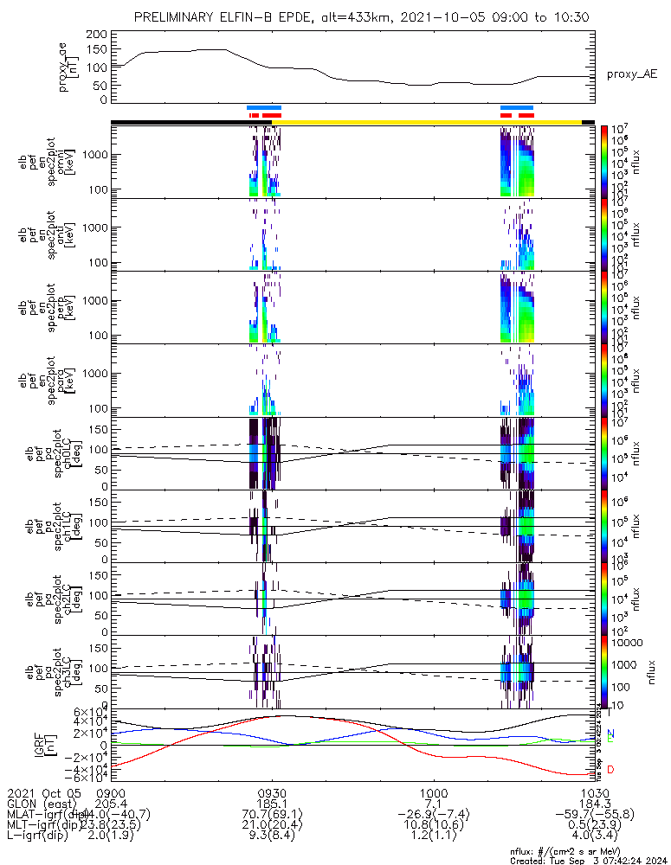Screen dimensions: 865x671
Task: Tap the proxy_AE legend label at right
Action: (x=632, y=74)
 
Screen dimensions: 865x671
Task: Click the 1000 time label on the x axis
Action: (x=433, y=792)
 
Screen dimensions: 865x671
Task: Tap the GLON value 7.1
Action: (x=433, y=804)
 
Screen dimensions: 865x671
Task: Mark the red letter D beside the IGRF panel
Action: (x=611, y=770)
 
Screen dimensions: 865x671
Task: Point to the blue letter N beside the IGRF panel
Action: (x=611, y=734)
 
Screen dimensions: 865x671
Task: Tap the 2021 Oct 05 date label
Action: (x=42, y=792)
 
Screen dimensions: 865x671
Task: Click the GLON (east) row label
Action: (x=43, y=804)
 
